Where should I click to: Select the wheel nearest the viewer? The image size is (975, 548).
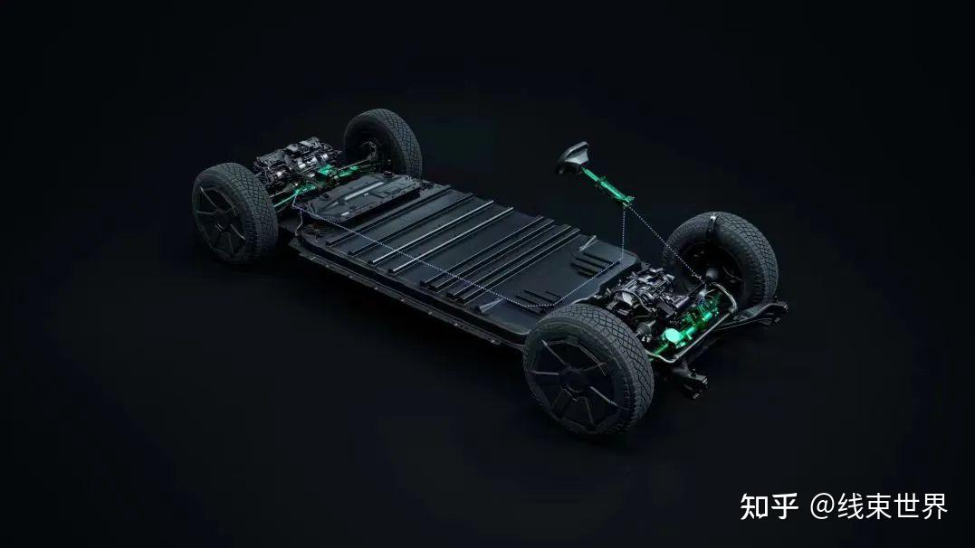pyautogui.click(x=588, y=368)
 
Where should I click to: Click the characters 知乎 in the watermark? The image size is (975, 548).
pyautogui.click(x=769, y=507)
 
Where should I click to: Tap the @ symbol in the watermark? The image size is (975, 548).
pyautogui.click(x=821, y=507)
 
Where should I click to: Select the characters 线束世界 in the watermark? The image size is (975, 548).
pyautogui.click(x=892, y=507)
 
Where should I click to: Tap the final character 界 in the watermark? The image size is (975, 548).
pyautogui.click(x=933, y=507)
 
